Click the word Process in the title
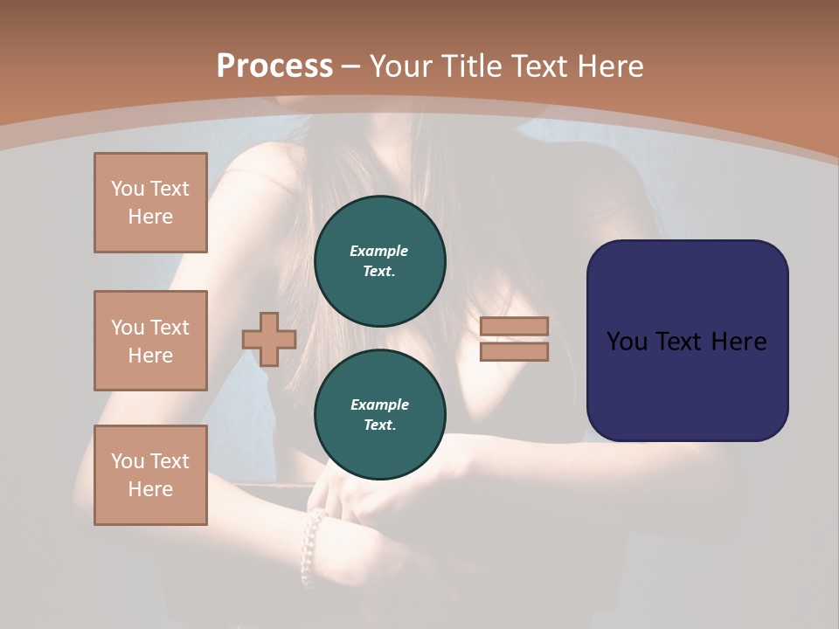point(274,66)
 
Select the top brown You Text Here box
point(150,203)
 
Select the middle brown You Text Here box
point(150,341)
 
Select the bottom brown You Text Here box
point(150,475)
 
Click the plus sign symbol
point(269,339)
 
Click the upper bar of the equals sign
point(515,326)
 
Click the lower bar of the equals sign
point(515,352)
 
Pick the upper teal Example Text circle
point(380,261)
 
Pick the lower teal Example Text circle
point(380,415)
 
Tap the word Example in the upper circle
point(379,251)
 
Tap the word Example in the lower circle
point(379,404)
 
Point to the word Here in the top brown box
point(150,217)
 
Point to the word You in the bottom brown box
point(128,461)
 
